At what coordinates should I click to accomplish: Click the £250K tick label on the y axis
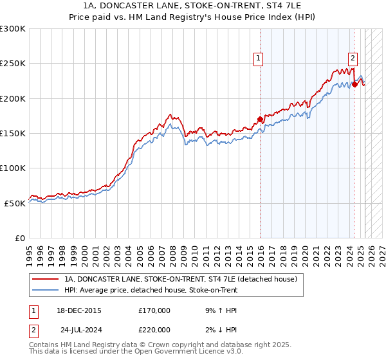(x=13, y=64)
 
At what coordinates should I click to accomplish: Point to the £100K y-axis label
(x=13, y=168)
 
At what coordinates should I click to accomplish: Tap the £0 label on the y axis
(x=19, y=238)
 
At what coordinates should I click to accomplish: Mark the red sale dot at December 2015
(x=260, y=119)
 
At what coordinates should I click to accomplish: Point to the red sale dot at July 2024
(x=354, y=84)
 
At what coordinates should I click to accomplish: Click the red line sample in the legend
(x=45, y=280)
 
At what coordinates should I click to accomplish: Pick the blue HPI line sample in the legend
(x=45, y=290)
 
